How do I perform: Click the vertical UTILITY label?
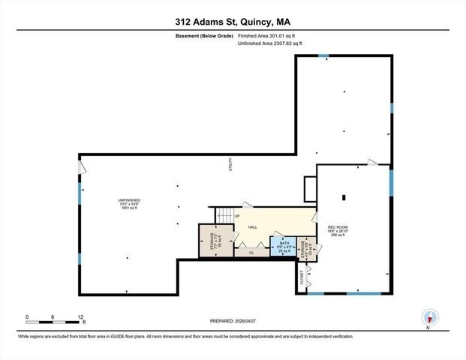tap(230, 166)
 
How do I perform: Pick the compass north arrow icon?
tap(428, 317)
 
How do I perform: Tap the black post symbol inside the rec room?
tap(344, 198)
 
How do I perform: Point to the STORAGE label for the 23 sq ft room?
tap(302, 248)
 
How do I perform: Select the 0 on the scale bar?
tap(26, 316)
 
